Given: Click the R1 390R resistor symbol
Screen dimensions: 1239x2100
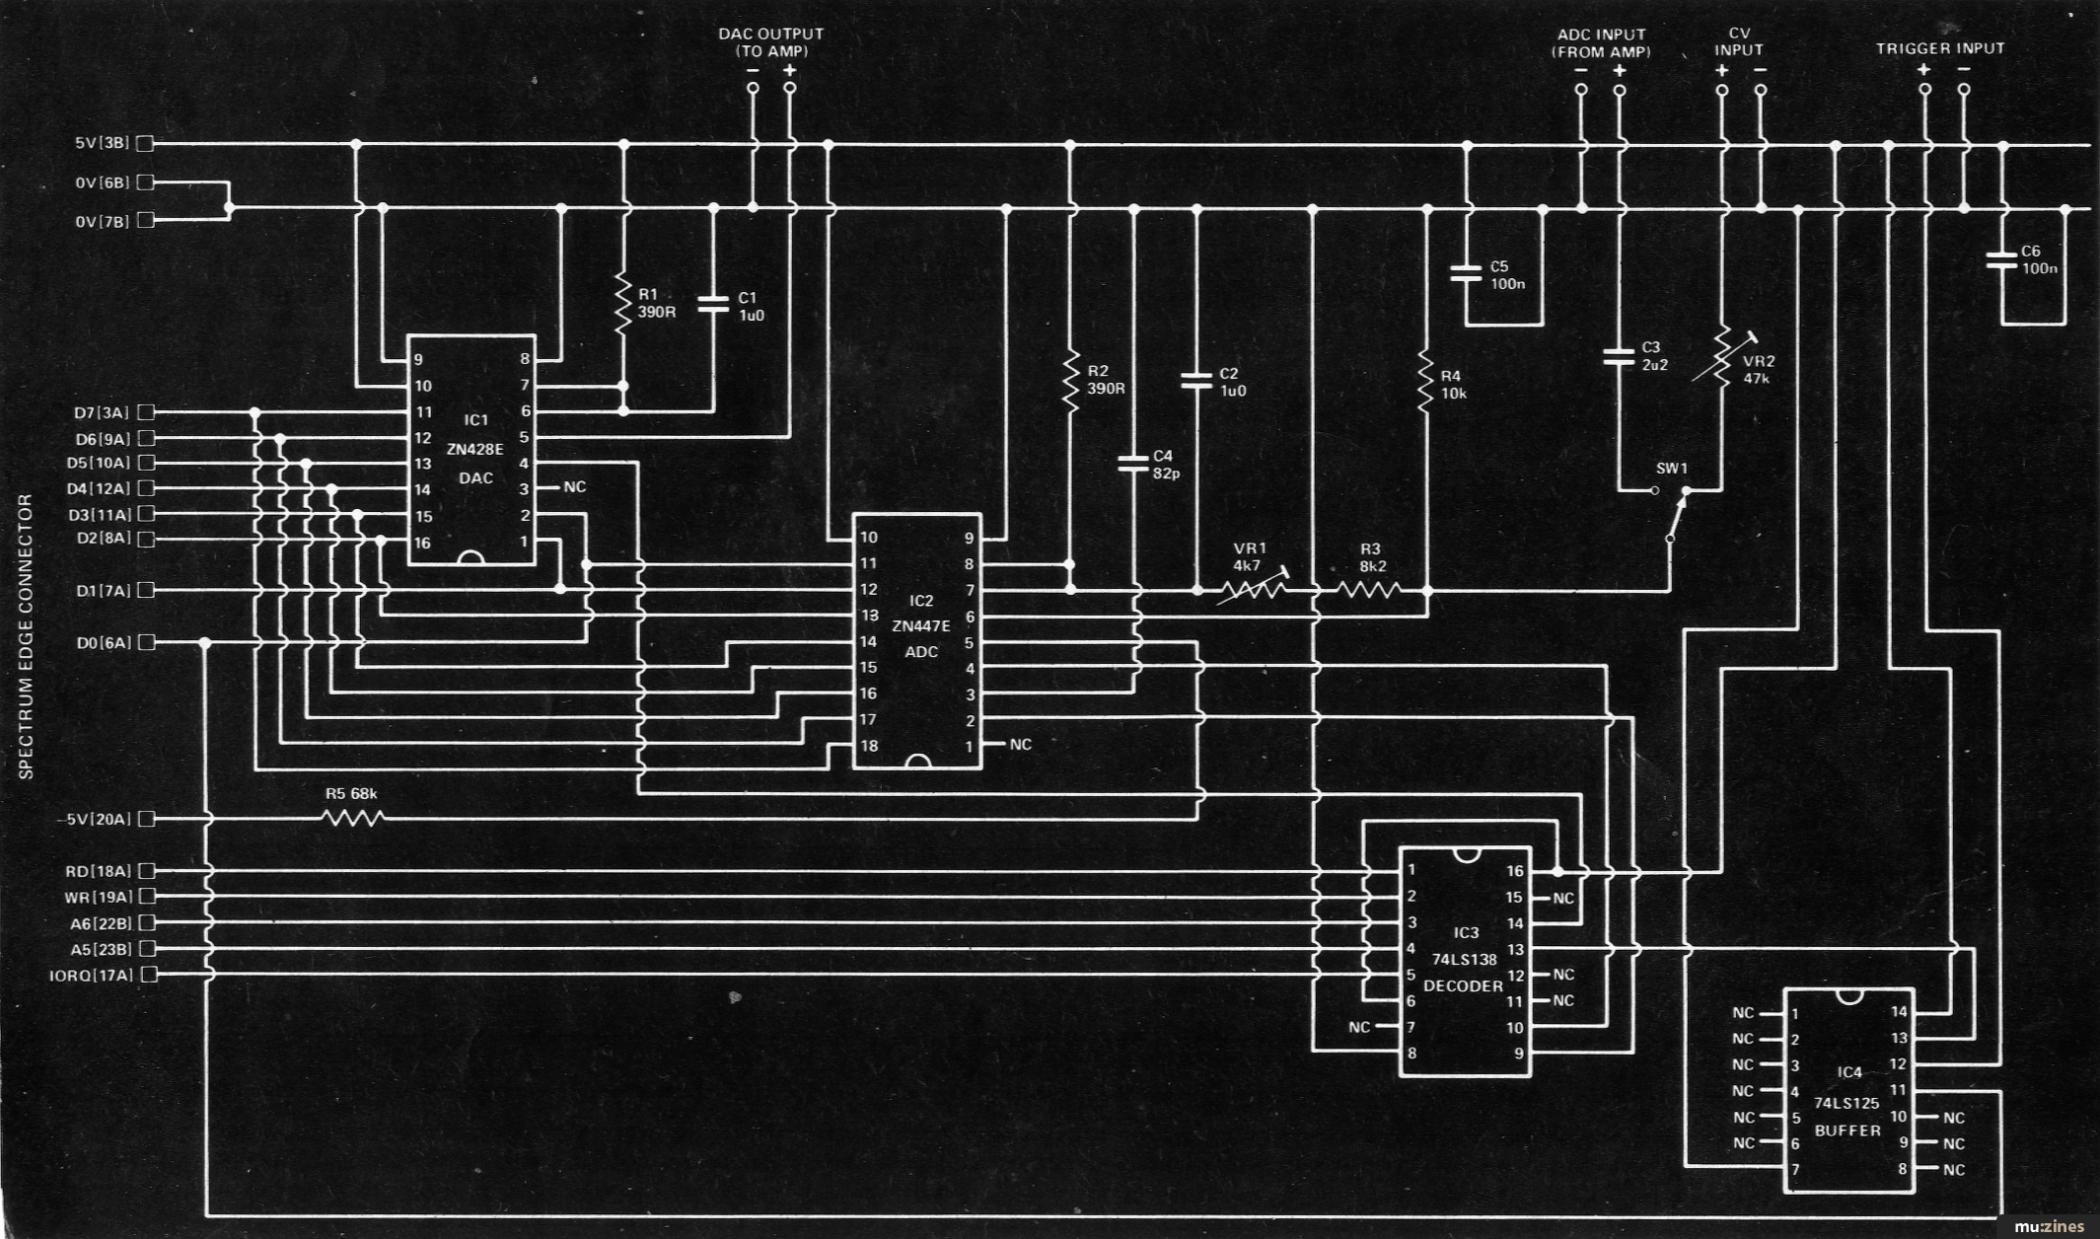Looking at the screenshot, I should pos(622,304).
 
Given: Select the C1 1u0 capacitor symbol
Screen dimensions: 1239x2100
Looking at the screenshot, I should pos(713,304).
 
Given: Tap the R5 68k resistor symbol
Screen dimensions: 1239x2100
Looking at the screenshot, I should pos(353,818).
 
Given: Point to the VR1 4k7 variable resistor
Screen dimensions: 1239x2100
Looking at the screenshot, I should pos(1252,590).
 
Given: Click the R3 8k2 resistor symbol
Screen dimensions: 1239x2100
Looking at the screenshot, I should pos(1370,590).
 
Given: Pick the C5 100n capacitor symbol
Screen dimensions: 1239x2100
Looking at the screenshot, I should pos(1467,273).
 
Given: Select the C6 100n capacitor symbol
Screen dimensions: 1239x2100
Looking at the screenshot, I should pos(2001,260).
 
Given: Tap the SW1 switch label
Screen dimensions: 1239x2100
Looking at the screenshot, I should pos(1672,469).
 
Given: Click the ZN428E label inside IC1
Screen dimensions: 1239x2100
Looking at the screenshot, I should pos(474,450).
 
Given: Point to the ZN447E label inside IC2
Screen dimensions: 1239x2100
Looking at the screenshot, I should pos(920,626).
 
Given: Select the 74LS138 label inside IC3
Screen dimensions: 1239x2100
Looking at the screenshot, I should pos(1465,959).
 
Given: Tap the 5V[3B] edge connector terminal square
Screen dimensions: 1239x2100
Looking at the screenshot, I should pos(146,143).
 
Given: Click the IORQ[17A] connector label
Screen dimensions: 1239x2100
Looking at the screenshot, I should pos(91,976).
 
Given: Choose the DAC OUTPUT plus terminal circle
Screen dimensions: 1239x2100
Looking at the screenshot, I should pos(789,88).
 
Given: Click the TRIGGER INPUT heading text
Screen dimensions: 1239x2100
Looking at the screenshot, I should pos(1940,48).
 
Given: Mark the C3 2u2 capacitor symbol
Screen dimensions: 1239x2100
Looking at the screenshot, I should pos(1619,356).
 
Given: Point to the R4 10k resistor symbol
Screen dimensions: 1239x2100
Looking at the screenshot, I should pos(1426,380).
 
